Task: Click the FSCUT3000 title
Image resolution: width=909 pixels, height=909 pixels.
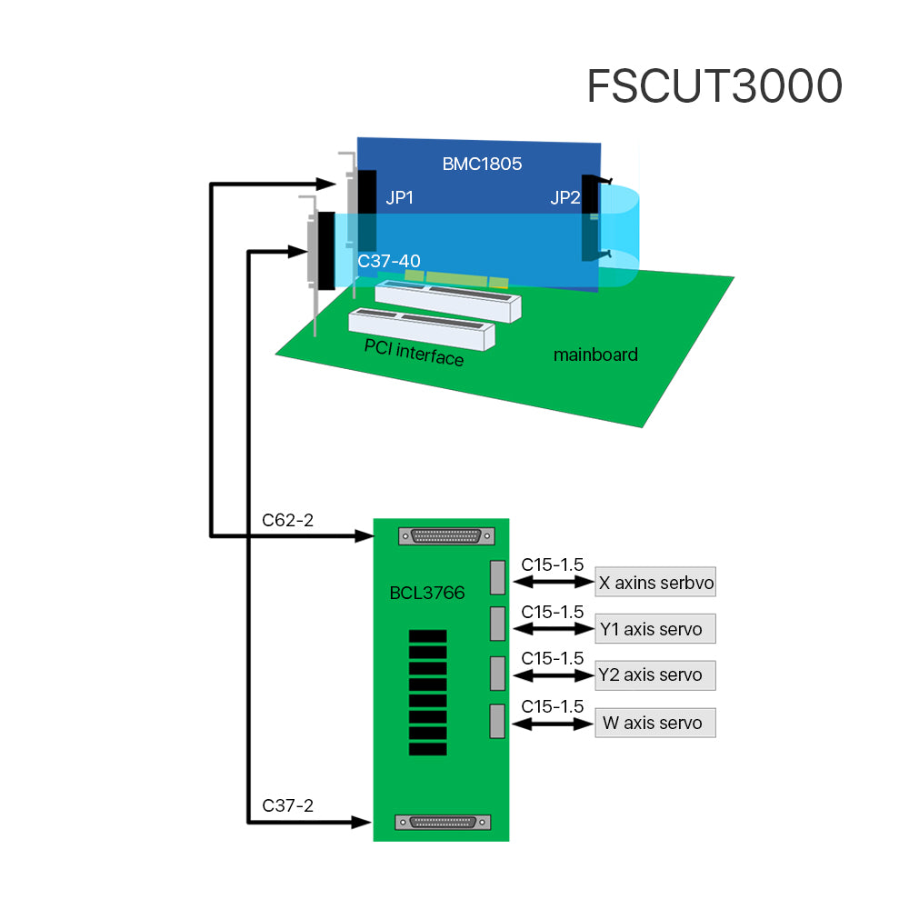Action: (x=714, y=87)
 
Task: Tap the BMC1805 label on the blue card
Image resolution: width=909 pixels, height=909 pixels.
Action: (x=482, y=165)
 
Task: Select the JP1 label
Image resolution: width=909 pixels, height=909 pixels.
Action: (x=399, y=197)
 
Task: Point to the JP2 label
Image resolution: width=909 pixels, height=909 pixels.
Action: (x=564, y=198)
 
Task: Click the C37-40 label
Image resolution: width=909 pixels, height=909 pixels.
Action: (x=389, y=262)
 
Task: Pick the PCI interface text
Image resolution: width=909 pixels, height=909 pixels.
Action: (x=414, y=352)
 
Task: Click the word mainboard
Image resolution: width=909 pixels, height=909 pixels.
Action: (x=595, y=355)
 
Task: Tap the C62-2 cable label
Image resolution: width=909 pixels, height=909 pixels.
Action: (x=288, y=521)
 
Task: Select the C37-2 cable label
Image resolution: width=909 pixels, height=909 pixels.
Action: (x=288, y=805)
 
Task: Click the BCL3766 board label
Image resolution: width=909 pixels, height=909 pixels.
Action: (x=426, y=594)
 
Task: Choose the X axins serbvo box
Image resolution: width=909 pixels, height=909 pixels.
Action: (x=655, y=583)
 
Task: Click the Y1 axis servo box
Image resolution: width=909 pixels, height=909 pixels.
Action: (x=655, y=628)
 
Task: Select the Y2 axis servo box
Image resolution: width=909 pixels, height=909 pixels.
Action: (x=655, y=675)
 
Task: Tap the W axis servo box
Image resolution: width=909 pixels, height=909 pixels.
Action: (x=655, y=724)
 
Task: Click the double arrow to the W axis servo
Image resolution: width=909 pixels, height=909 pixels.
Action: (x=553, y=724)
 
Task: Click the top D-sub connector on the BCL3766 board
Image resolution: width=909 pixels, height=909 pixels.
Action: (x=445, y=536)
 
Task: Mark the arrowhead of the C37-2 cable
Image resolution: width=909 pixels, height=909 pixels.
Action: (x=363, y=823)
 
